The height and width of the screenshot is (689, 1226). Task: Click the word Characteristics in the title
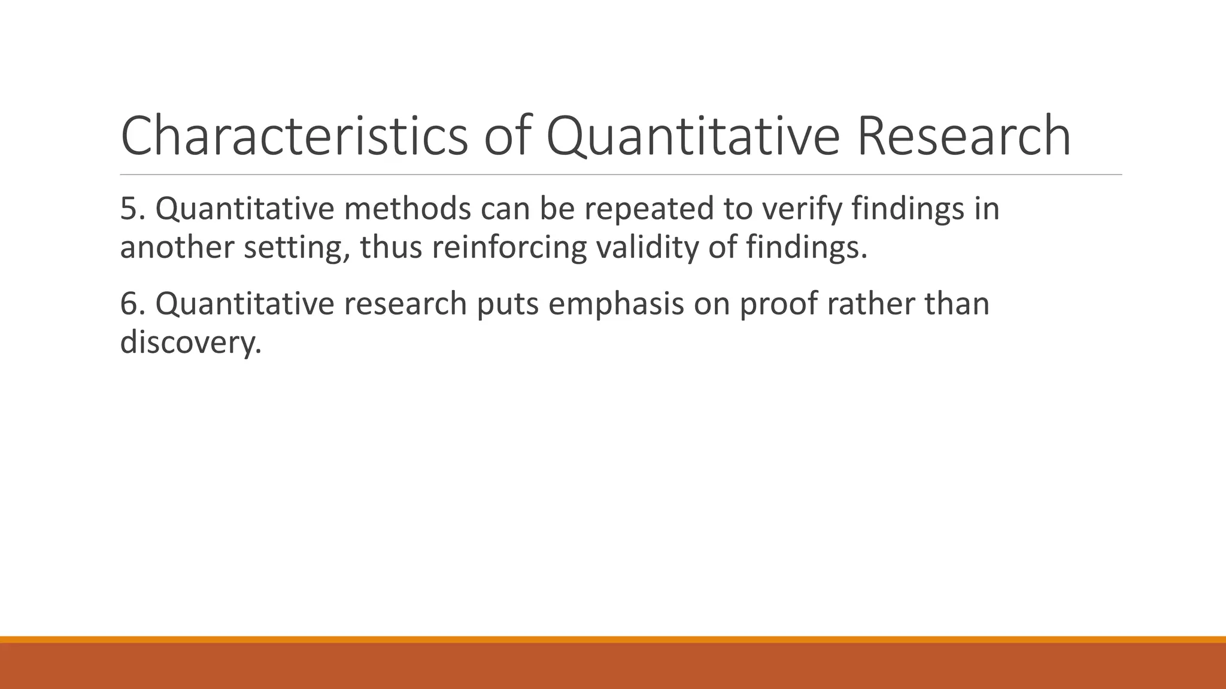tap(294, 136)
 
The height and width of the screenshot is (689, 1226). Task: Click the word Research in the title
tap(963, 136)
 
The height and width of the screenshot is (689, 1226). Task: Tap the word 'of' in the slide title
tap(508, 136)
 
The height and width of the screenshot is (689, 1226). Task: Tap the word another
tap(177, 247)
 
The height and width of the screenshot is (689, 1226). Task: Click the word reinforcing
tap(509, 248)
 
